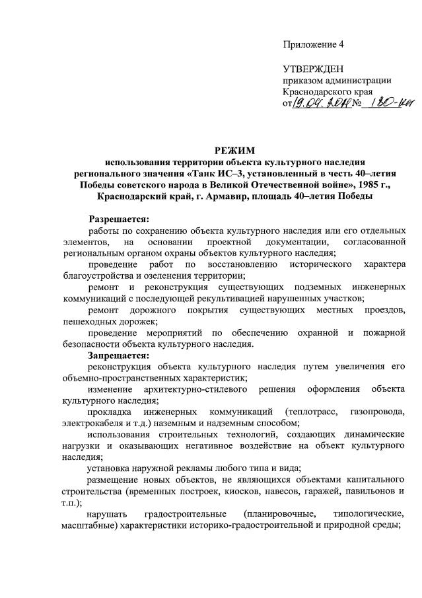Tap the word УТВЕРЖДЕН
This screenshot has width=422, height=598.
pos(313,69)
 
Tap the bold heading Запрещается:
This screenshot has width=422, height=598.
pos(118,355)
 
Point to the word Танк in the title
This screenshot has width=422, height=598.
pos(195,173)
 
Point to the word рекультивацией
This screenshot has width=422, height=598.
pos(258,298)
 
